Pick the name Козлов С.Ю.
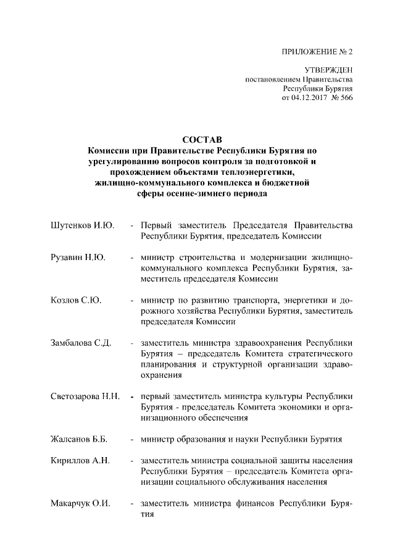tap(75, 301)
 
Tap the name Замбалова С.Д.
tap(80, 343)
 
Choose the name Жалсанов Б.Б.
tap(79, 440)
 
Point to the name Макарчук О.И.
tap(80, 505)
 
